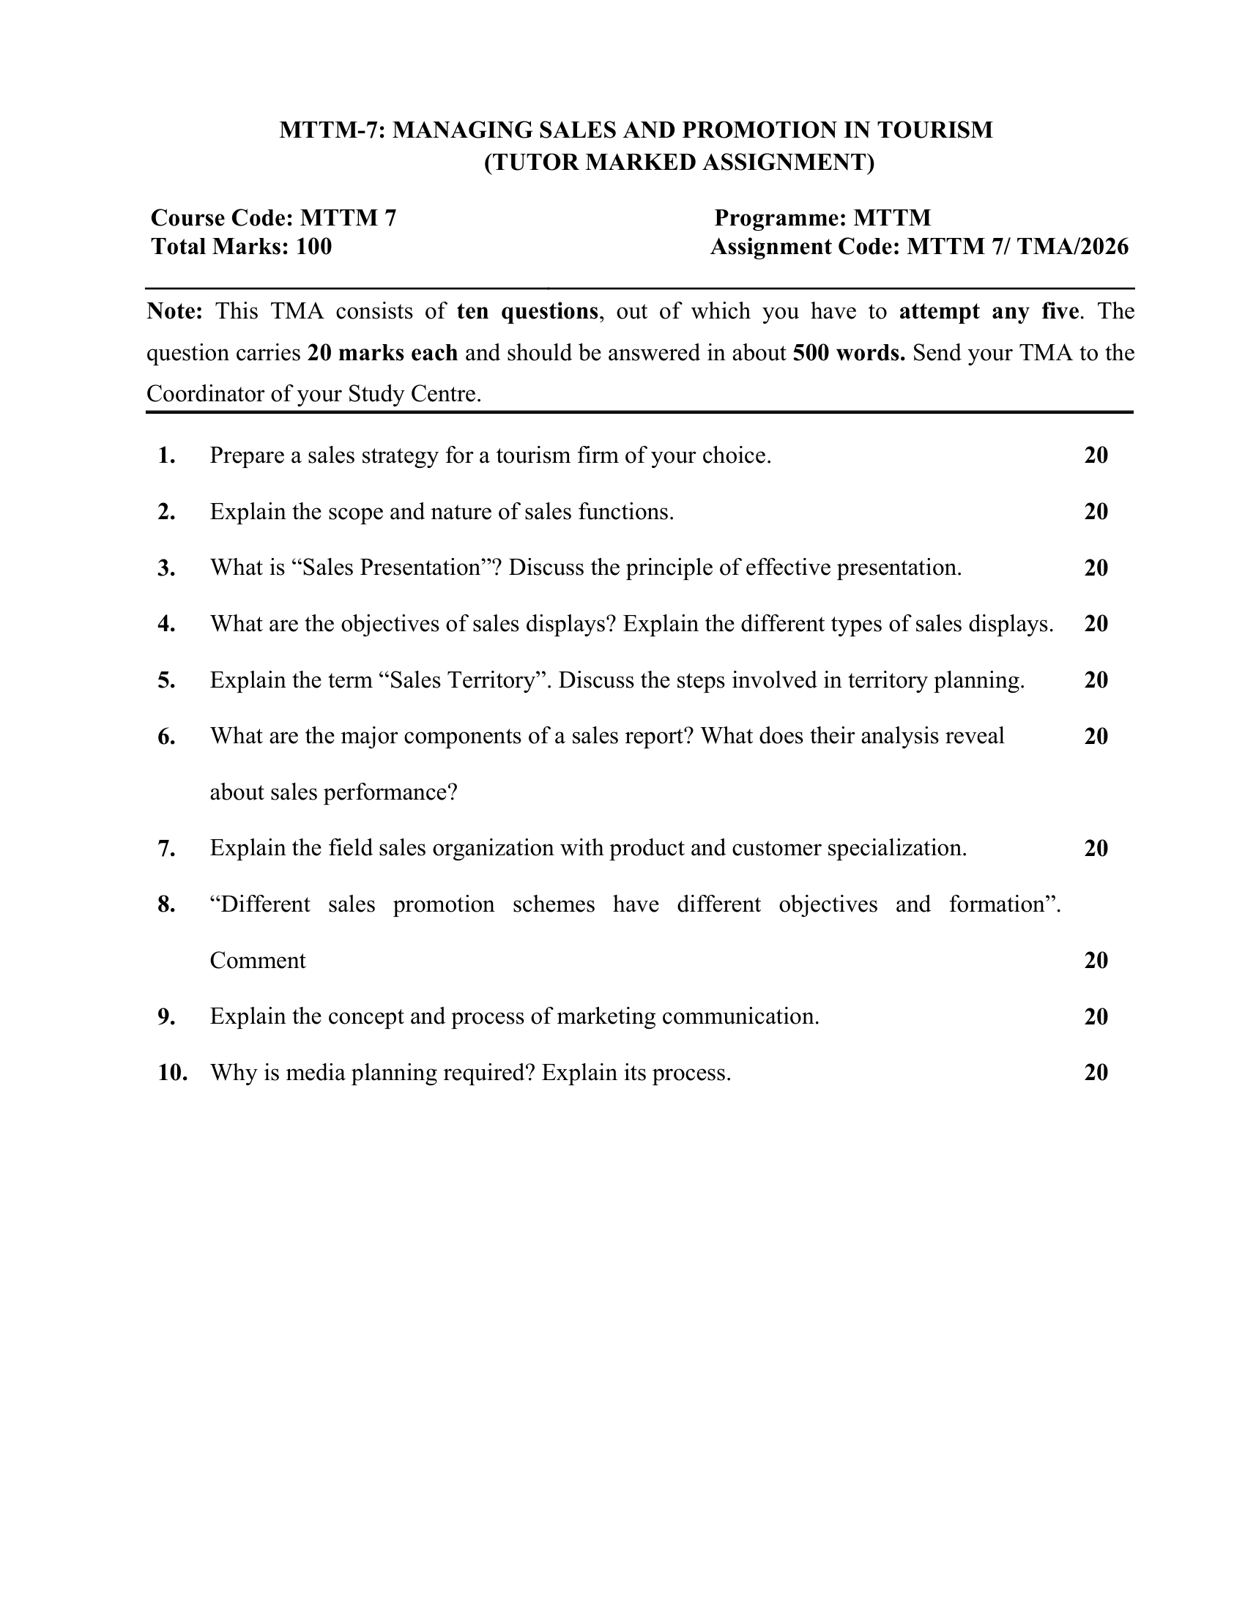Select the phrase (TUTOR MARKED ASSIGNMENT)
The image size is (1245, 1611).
click(x=680, y=163)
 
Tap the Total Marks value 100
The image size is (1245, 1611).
click(x=313, y=246)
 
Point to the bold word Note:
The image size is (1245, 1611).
click(x=175, y=311)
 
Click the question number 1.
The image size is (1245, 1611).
click(x=166, y=455)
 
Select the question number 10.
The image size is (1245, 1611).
click(x=173, y=1073)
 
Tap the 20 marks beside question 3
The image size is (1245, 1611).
click(x=1096, y=568)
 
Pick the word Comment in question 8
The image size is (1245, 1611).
click(x=257, y=961)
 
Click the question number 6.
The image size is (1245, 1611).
click(x=166, y=736)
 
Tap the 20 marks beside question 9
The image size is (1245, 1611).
click(x=1096, y=1016)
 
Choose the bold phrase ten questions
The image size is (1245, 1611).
click(x=527, y=311)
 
